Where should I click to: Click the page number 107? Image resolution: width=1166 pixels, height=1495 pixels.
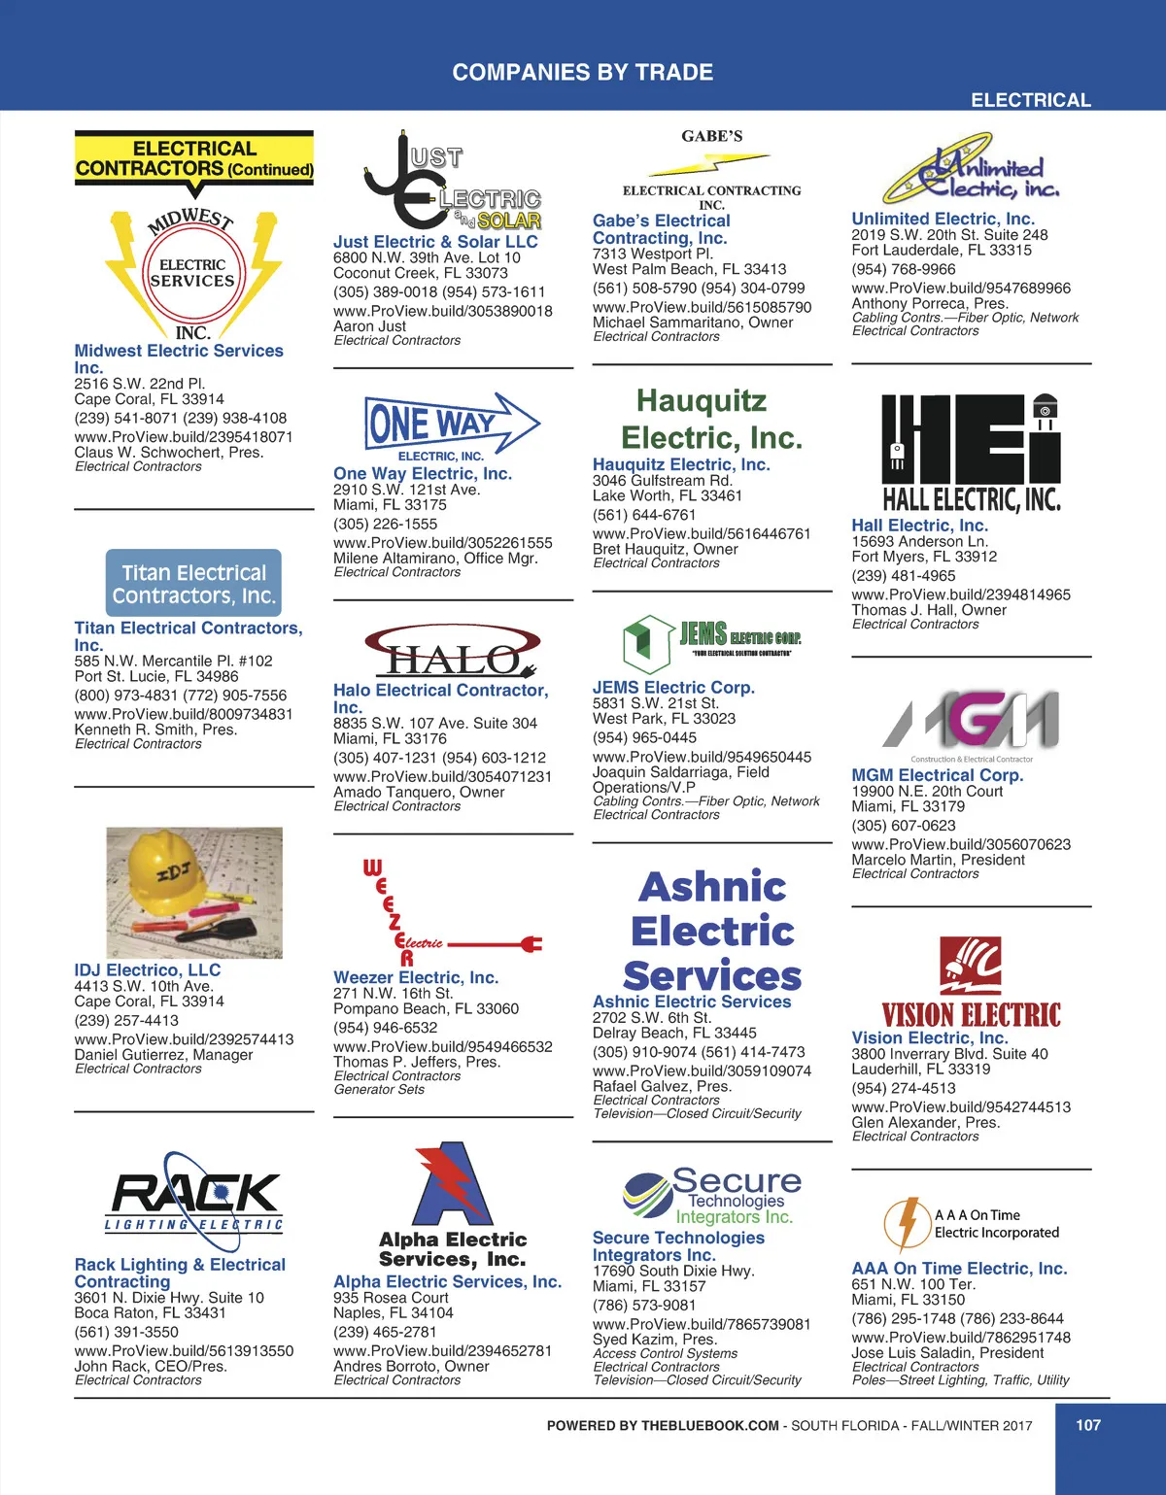pos(1088,1425)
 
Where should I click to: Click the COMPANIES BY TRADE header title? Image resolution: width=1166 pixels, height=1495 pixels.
pos(583,72)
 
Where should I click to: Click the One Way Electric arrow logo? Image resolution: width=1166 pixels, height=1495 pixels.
pos(451,425)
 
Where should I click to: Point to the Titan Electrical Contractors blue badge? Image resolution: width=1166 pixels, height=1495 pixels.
pos(193,584)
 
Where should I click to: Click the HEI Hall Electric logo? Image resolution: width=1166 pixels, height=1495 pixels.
pos(971,453)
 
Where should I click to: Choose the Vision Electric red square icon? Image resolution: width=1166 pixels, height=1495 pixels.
pos(971,966)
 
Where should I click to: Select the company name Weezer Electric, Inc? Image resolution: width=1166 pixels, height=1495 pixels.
pos(416,977)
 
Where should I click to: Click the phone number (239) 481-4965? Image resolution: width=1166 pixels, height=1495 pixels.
pos(904,575)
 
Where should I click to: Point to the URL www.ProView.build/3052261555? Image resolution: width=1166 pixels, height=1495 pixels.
pos(443,543)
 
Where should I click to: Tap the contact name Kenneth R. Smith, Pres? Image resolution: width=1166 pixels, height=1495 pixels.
pos(155,730)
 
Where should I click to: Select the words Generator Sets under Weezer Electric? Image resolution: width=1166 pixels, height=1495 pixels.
pos(379,1090)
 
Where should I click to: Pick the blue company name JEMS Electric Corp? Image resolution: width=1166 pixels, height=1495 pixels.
pos(673,687)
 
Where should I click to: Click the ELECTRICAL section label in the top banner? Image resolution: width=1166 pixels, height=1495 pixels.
pos(1030,100)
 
